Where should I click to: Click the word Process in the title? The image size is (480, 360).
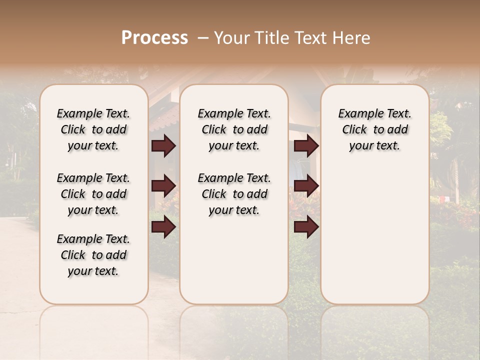154,38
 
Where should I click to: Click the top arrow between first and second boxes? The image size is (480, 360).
163,146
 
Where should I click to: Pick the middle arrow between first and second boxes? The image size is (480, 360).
163,186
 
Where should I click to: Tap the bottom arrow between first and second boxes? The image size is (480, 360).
163,227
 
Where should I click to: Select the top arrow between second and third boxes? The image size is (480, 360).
306,146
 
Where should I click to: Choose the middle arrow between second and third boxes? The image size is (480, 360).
306,186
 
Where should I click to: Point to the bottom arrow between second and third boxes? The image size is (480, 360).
306,227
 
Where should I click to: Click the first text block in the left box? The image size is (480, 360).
93,129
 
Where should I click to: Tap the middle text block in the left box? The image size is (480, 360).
93,194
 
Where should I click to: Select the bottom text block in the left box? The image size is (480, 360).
93,255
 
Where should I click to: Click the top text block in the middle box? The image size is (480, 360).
234,129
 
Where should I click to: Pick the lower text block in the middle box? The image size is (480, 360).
234,194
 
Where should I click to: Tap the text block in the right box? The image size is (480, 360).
374,129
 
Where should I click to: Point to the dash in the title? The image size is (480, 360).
202,38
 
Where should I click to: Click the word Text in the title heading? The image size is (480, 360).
309,38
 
